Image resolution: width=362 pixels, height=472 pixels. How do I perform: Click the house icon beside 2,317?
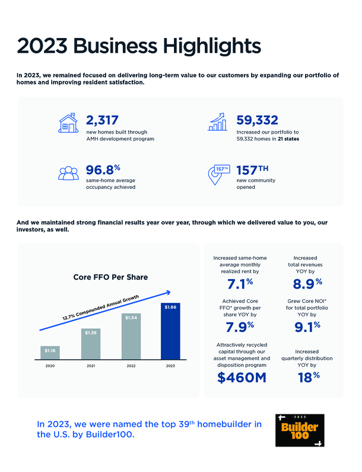[69, 124]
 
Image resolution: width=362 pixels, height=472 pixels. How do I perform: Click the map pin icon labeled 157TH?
[219, 173]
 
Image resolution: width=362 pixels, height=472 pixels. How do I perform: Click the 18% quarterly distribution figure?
[306, 376]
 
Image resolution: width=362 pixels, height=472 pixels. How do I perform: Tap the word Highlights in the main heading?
[196, 46]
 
